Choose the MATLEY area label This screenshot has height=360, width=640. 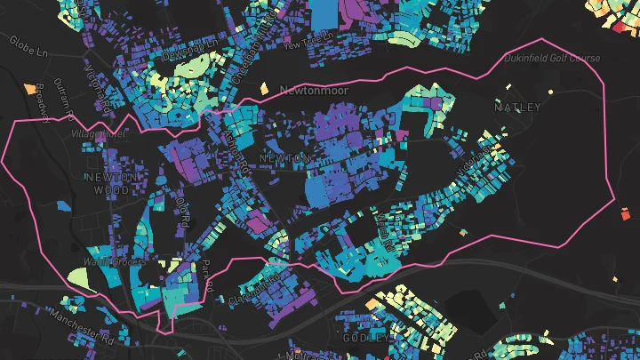tap(517, 108)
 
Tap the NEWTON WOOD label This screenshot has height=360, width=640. tap(112, 182)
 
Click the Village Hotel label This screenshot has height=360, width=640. tap(98, 135)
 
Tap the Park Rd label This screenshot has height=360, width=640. tap(206, 276)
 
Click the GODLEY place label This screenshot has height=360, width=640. tap(365, 338)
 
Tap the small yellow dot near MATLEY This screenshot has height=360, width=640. tap(550, 92)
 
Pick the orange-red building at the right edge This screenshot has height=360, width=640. tap(625, 214)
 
